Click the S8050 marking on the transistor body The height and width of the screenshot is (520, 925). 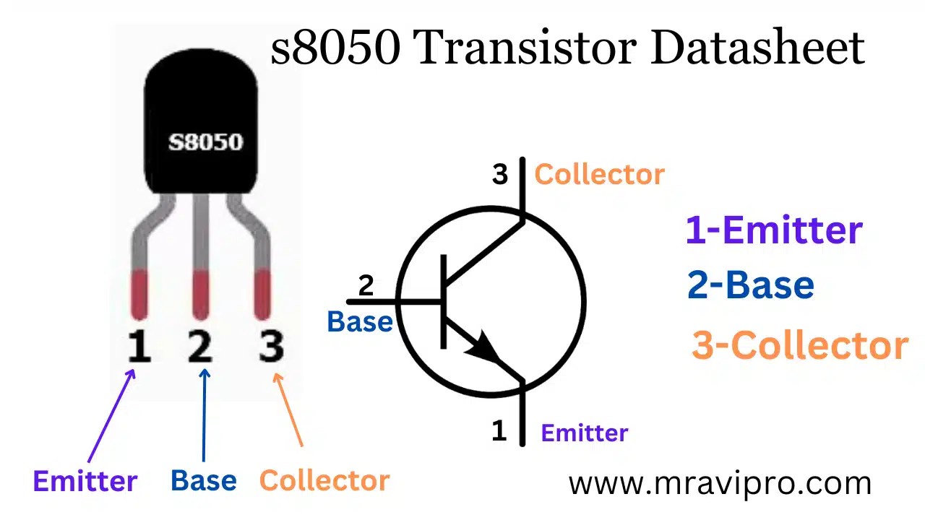click(x=206, y=142)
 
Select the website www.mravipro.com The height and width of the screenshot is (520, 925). click(x=720, y=483)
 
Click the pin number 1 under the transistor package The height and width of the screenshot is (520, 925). click(x=138, y=346)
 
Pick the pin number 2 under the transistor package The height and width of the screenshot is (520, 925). click(x=199, y=346)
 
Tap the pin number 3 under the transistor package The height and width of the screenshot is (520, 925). click(x=271, y=346)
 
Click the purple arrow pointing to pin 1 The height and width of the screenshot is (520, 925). click(x=112, y=415)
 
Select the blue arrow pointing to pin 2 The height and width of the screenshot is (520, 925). click(x=205, y=415)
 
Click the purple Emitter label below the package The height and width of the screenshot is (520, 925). click(x=85, y=481)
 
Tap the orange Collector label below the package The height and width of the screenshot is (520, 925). click(x=324, y=480)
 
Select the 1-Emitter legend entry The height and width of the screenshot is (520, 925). click(x=774, y=230)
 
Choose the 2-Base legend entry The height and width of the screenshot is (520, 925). click(x=751, y=285)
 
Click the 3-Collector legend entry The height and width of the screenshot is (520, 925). click(x=800, y=345)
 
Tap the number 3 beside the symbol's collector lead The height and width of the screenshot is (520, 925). click(x=500, y=175)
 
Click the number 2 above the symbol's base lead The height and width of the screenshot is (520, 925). click(x=366, y=286)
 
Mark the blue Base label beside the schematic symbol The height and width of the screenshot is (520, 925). click(x=360, y=321)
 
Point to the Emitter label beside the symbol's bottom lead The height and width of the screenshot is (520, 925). click(x=585, y=433)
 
